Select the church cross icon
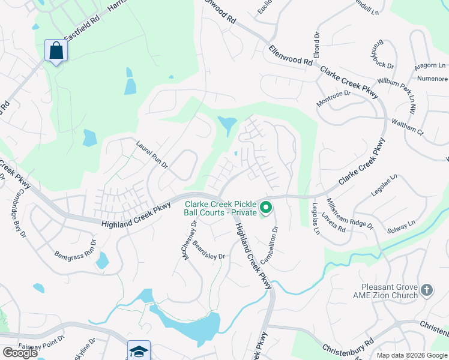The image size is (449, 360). (x=427, y=290)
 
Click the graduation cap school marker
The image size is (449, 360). (x=139, y=352)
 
